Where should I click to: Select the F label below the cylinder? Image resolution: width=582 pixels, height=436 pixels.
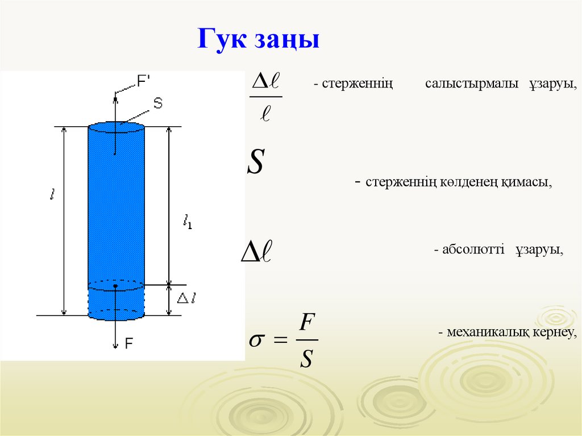coord(129,343)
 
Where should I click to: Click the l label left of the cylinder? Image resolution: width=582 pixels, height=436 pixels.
coord(52,194)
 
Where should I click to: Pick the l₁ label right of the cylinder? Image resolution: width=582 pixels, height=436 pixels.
coord(187,222)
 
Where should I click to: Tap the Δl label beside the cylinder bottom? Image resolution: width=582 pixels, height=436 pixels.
coord(187,297)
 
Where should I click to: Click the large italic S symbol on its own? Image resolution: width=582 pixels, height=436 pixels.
coord(255,162)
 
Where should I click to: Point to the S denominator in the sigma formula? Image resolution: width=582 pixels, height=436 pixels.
coord(306,358)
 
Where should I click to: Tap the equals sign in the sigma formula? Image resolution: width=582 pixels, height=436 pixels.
coord(281,342)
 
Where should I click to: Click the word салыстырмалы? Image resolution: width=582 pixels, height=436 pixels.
coord(472,84)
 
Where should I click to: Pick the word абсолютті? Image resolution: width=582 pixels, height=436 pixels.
coord(473,250)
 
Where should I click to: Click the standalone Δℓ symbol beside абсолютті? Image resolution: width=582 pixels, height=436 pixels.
coord(257,251)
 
